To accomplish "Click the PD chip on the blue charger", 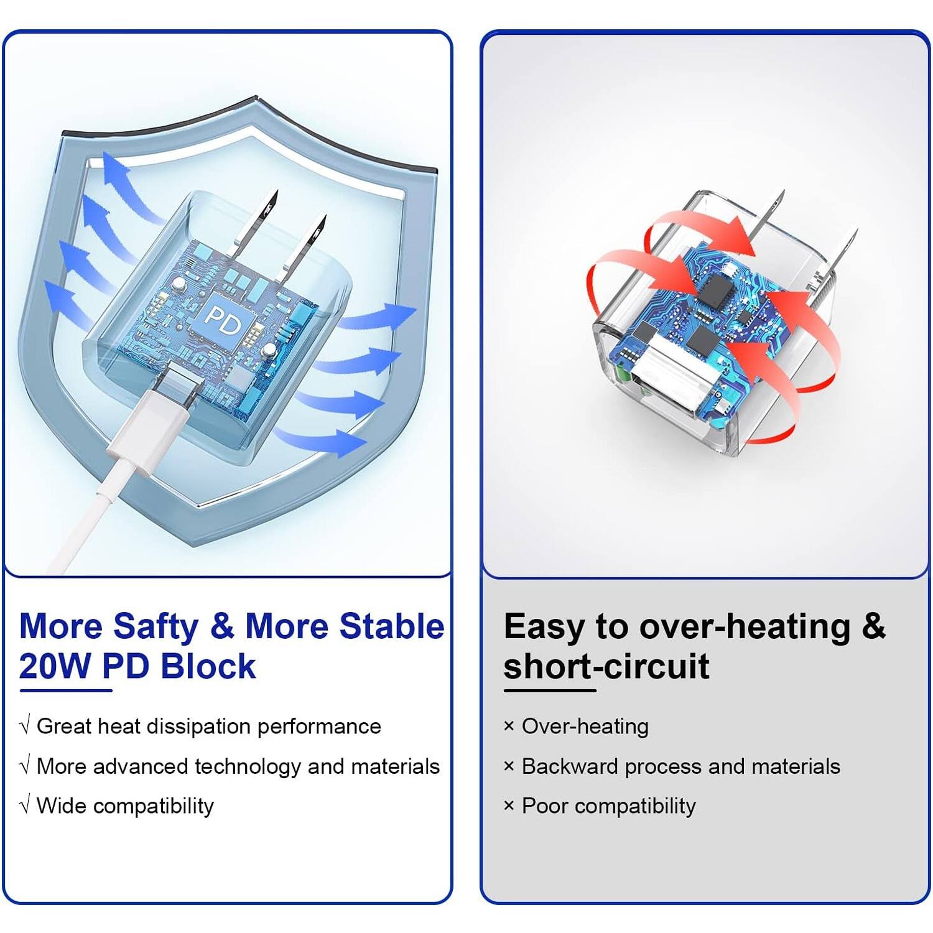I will point(223,318).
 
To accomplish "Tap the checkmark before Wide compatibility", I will point(25,806).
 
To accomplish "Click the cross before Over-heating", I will point(509,726).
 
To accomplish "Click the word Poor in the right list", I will point(545,806).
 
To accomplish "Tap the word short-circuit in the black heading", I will point(606,666).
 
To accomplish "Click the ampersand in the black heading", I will point(873,626).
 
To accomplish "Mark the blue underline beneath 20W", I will point(65,690).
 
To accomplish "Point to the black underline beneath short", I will point(549,690).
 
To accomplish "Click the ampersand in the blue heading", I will point(221,626).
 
